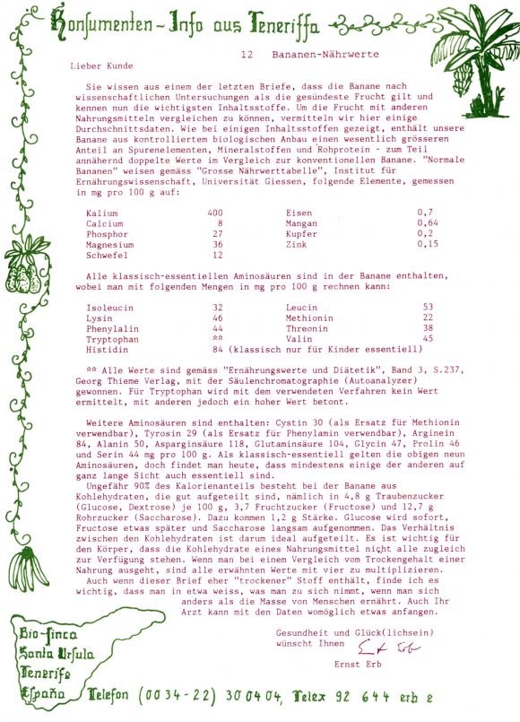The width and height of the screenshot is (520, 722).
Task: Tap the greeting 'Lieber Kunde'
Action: (100, 65)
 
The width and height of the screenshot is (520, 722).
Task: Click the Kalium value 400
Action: (215, 212)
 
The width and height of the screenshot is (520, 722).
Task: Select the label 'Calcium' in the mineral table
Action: (104, 222)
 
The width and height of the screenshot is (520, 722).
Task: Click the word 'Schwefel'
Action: (107, 255)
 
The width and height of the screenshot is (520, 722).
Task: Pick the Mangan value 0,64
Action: (428, 222)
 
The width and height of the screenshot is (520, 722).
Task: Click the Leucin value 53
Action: (428, 307)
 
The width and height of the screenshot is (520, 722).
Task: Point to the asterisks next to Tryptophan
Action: (218, 339)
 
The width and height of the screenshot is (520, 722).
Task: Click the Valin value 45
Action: (428, 339)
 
